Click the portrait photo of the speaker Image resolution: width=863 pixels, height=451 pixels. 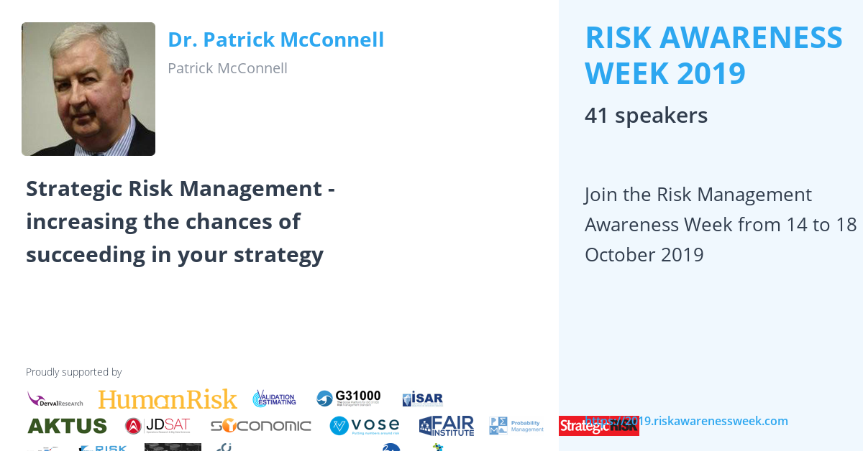tap(88, 89)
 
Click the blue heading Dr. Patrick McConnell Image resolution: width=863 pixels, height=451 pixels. tap(275, 39)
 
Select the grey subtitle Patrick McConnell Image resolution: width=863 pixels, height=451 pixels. tap(227, 68)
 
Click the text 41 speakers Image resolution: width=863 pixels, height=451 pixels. tap(646, 115)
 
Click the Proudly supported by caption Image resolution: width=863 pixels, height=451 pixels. tap(73, 372)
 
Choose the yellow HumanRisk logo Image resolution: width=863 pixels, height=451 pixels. tap(168, 399)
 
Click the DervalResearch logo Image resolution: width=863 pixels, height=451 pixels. tap(55, 399)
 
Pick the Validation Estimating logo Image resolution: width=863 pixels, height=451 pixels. tap(274, 399)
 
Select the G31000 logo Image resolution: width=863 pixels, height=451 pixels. tap(349, 399)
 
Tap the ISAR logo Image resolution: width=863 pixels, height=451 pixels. tap(422, 399)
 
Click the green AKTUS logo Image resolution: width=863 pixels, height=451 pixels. tap(67, 426)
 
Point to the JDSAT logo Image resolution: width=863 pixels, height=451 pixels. tap(157, 426)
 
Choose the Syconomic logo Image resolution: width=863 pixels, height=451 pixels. tap(260, 426)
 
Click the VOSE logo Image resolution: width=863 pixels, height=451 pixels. tap(364, 426)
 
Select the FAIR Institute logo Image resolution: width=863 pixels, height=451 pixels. tap(446, 426)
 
